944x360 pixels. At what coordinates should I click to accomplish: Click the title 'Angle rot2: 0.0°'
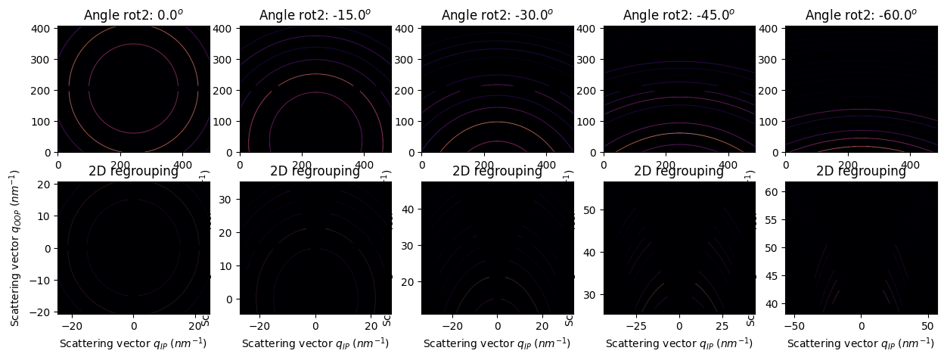point(133,15)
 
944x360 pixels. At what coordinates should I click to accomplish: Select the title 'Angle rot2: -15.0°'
point(315,15)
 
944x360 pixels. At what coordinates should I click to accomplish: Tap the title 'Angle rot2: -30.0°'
point(497,15)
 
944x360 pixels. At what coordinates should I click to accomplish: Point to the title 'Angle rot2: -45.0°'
point(678,15)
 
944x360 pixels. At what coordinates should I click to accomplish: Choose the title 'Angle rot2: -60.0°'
point(861,15)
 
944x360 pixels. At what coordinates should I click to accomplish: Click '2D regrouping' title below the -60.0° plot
point(861,171)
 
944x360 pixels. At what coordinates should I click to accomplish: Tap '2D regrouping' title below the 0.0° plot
point(133,171)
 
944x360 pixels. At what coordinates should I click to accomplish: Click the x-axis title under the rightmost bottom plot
point(861,343)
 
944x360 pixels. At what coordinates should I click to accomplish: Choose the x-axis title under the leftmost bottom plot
point(133,343)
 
